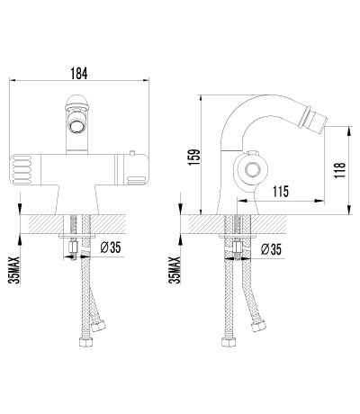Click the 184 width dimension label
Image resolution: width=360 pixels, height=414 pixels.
(79, 73)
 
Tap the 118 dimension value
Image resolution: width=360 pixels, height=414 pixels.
(340, 170)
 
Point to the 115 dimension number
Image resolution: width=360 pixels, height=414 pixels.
(281, 192)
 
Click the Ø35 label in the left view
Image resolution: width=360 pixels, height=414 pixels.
(111, 247)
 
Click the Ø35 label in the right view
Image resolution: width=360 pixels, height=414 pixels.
(271, 249)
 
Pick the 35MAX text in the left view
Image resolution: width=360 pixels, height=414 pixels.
(14, 270)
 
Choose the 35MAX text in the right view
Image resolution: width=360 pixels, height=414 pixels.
(175, 270)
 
